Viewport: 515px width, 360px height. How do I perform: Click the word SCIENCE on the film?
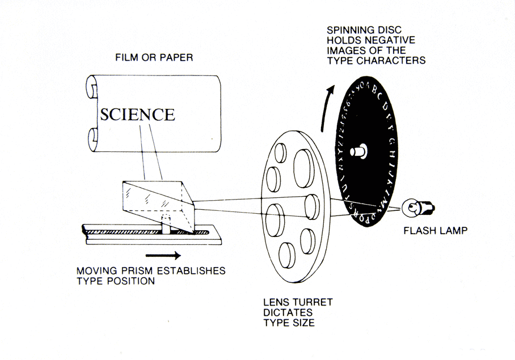[x=138, y=115]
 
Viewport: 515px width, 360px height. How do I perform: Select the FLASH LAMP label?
[x=435, y=231]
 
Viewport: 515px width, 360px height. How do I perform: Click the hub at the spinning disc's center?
[x=358, y=151]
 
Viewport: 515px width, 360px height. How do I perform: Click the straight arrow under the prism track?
[x=163, y=255]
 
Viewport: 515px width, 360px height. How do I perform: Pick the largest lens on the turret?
[x=304, y=168]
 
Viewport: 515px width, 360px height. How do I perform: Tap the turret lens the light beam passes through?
[x=312, y=207]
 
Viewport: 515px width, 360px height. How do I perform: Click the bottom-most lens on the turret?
[x=287, y=255]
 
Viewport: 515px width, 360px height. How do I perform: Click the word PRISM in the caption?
[x=138, y=271]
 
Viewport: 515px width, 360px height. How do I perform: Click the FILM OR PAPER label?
[x=154, y=57]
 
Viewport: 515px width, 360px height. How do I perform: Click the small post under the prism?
[x=166, y=225]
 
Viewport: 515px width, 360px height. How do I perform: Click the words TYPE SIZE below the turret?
[x=289, y=323]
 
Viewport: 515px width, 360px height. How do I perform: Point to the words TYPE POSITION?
[x=116, y=281]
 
